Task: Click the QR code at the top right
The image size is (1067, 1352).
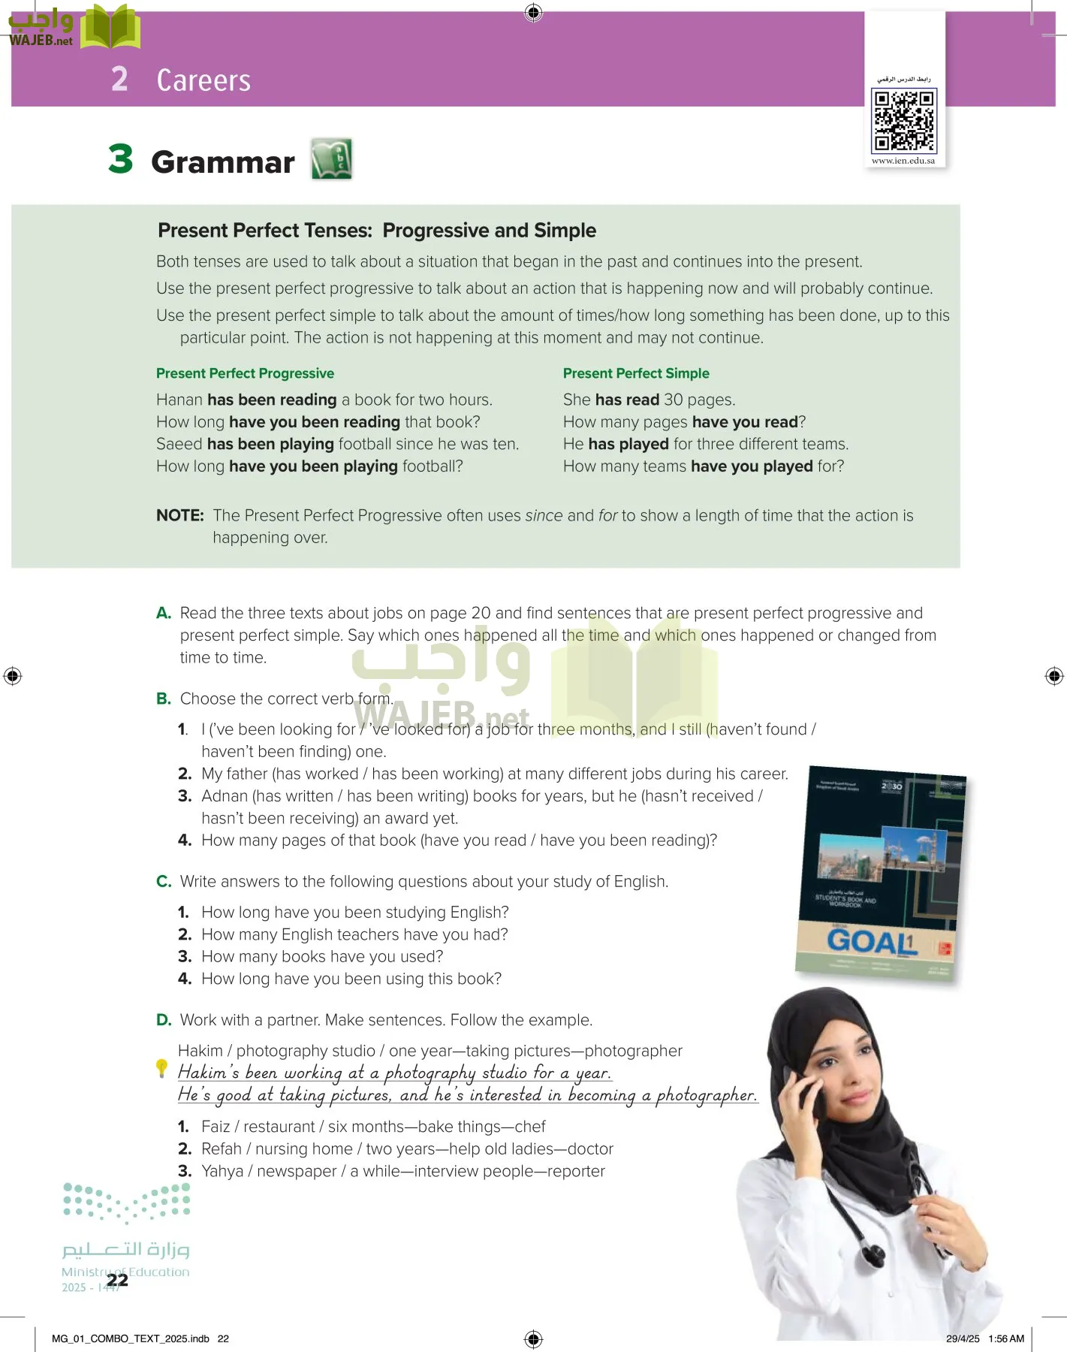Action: tap(903, 120)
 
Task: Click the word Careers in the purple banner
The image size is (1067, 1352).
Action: tap(203, 80)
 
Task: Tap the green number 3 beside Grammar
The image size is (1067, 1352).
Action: tap(121, 159)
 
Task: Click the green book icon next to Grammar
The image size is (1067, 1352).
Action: tap(332, 158)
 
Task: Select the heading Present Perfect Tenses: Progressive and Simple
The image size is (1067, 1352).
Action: tap(377, 231)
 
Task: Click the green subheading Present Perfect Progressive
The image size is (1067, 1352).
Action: tap(245, 373)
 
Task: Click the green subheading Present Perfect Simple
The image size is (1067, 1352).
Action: tap(636, 373)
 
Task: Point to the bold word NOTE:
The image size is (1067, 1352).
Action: tap(180, 515)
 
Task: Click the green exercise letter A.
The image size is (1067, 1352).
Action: tap(163, 613)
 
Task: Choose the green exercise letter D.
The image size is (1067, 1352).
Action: tap(163, 1020)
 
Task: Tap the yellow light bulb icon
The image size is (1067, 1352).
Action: tap(161, 1067)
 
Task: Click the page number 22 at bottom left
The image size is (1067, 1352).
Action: tap(117, 1280)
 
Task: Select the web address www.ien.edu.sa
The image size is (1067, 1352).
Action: tap(903, 161)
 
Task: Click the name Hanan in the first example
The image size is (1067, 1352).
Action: tap(179, 400)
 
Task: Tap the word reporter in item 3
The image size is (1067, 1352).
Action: tap(576, 1171)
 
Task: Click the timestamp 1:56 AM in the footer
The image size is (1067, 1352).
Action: tap(1006, 1338)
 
